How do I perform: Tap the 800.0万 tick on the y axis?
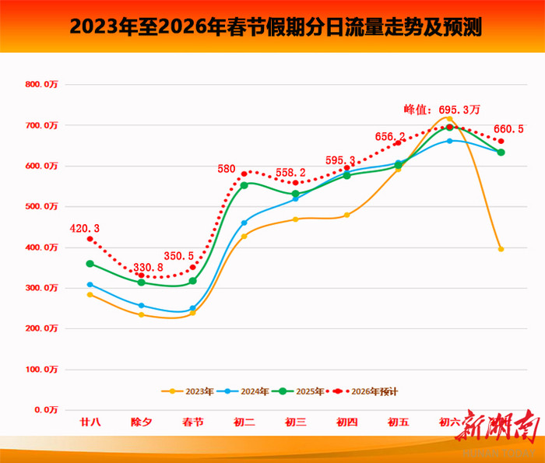[41, 84]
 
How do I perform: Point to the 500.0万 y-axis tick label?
[41, 206]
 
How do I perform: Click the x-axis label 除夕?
[141, 423]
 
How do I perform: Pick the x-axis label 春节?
[192, 423]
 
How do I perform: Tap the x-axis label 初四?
[346, 423]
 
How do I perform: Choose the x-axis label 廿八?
[90, 423]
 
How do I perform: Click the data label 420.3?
[84, 229]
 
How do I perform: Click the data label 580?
[227, 167]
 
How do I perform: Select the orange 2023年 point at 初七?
[501, 249]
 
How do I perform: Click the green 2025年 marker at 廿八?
[90, 264]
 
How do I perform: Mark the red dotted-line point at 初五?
[398, 143]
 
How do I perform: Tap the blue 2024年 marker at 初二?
[244, 223]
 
